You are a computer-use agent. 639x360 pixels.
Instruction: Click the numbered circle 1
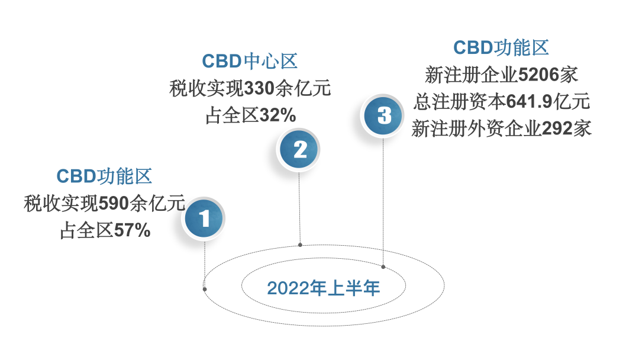204,219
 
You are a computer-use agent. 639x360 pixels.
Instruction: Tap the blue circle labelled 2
299,150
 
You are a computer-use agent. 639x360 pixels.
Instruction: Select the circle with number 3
383,115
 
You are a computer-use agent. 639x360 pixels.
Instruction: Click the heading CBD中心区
249,61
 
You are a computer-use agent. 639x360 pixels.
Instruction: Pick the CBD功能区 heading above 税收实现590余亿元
104,176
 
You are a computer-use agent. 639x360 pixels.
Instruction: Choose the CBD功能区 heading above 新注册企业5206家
501,47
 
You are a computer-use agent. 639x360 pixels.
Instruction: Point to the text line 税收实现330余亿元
249,89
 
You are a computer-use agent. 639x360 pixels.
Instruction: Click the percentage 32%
277,115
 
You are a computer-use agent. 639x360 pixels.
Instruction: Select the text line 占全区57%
105,230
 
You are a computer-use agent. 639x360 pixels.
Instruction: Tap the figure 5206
538,75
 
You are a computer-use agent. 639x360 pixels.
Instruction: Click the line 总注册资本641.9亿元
501,101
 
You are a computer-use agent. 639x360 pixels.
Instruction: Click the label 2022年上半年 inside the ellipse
323,288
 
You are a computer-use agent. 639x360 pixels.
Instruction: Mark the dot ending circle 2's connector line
301,244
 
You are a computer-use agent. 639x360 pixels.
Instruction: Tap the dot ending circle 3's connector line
383,267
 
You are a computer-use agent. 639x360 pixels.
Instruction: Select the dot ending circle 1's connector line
205,289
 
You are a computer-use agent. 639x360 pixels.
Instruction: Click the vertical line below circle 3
383,201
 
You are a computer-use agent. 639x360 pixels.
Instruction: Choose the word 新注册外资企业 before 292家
476,128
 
